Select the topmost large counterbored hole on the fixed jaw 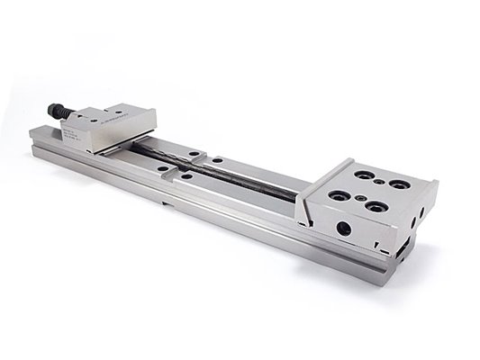click(365, 173)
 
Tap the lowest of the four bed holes click(186, 176)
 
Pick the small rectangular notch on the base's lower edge click(165, 203)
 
